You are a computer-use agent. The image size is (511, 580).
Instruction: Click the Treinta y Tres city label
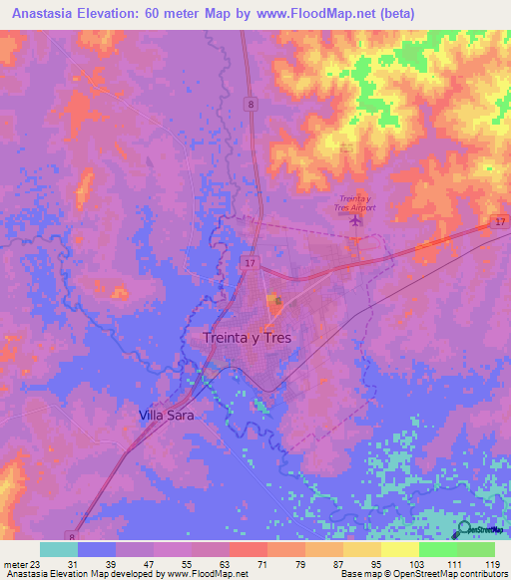[247, 338]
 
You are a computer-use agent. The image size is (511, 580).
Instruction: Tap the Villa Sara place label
[166, 415]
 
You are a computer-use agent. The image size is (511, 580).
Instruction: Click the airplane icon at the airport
[355, 221]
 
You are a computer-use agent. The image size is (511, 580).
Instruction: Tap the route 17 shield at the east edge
[498, 222]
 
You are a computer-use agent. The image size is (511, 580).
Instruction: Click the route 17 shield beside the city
[249, 261]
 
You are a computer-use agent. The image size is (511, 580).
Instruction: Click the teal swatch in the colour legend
[58, 549]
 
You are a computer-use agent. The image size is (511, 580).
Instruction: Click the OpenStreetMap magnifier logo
[465, 527]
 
